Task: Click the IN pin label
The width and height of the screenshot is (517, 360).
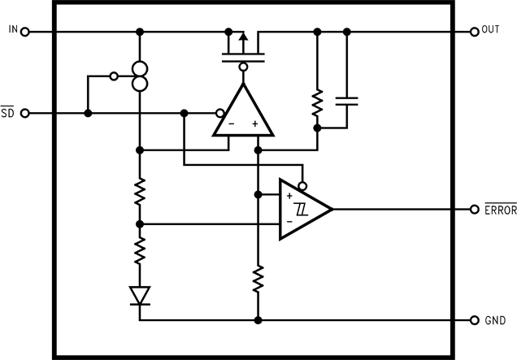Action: [x=12, y=30]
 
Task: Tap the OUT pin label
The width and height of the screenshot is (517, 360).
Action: [x=490, y=30]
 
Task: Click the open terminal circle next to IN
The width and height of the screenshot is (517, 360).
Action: [x=25, y=32]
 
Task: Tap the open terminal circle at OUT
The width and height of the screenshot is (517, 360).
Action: [x=474, y=32]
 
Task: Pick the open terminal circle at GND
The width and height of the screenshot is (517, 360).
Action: [x=474, y=320]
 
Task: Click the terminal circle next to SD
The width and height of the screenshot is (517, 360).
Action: [x=25, y=113]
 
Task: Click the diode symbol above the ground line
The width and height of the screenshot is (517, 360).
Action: [x=140, y=296]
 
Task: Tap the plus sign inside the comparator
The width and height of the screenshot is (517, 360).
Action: [x=289, y=196]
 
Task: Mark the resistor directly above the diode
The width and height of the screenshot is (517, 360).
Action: [x=140, y=249]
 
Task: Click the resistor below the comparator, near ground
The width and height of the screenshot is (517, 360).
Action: [x=258, y=280]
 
